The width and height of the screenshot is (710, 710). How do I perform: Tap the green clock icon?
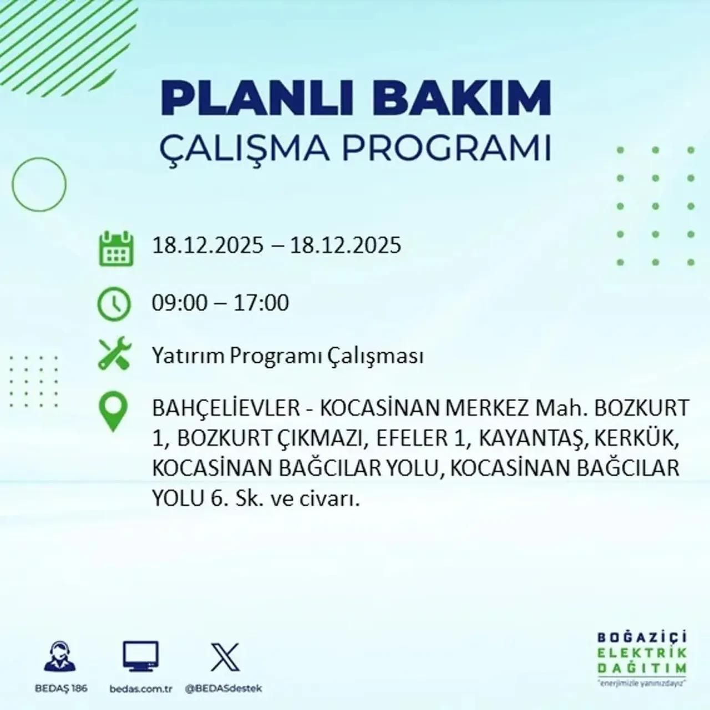click(x=114, y=304)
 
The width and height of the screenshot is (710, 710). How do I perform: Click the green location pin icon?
click(x=113, y=412)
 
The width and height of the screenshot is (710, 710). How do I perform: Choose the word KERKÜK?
click(x=636, y=439)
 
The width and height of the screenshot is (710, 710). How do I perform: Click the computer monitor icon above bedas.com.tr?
click(x=140, y=657)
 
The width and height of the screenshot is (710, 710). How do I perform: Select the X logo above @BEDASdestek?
click(x=225, y=657)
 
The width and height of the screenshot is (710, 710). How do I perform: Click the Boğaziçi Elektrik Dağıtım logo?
click(x=642, y=658)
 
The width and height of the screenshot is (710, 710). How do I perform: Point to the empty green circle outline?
click(x=39, y=184)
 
